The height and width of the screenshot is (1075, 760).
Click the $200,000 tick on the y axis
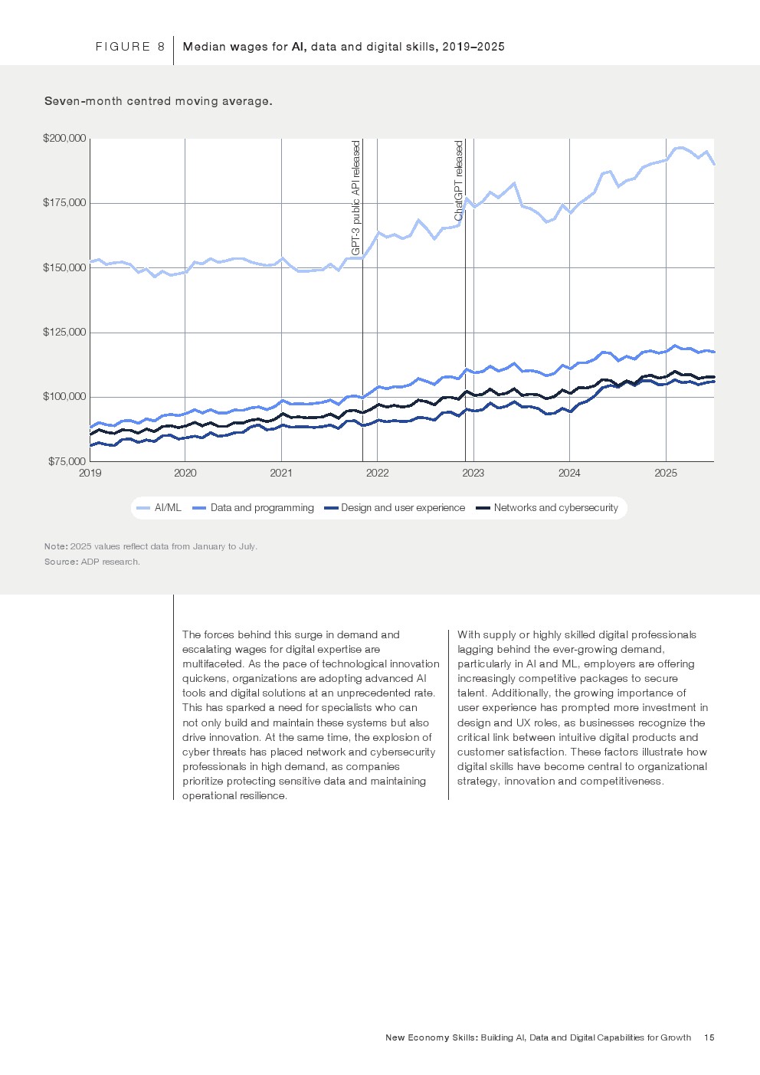tap(64, 139)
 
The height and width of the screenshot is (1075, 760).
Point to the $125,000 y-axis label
tap(64, 333)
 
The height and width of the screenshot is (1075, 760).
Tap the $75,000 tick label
tap(67, 461)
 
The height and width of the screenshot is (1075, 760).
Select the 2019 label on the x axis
tap(90, 474)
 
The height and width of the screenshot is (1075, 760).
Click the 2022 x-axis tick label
tap(377, 474)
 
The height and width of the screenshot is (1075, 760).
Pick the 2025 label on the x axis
tap(665, 474)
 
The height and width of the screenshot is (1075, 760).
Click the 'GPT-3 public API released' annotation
tap(355, 198)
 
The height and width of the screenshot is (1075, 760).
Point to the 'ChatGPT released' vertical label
tap(459, 181)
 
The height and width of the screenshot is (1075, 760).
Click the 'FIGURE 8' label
tap(130, 47)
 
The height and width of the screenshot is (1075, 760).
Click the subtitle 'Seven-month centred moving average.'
tap(158, 101)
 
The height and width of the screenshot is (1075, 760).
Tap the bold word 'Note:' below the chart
tap(56, 546)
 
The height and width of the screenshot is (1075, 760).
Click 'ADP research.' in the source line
tap(110, 562)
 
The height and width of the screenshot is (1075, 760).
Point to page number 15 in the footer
tap(709, 1037)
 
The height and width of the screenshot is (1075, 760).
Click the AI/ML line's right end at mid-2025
tap(713, 164)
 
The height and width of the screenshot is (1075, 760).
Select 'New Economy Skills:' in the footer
tap(431, 1037)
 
